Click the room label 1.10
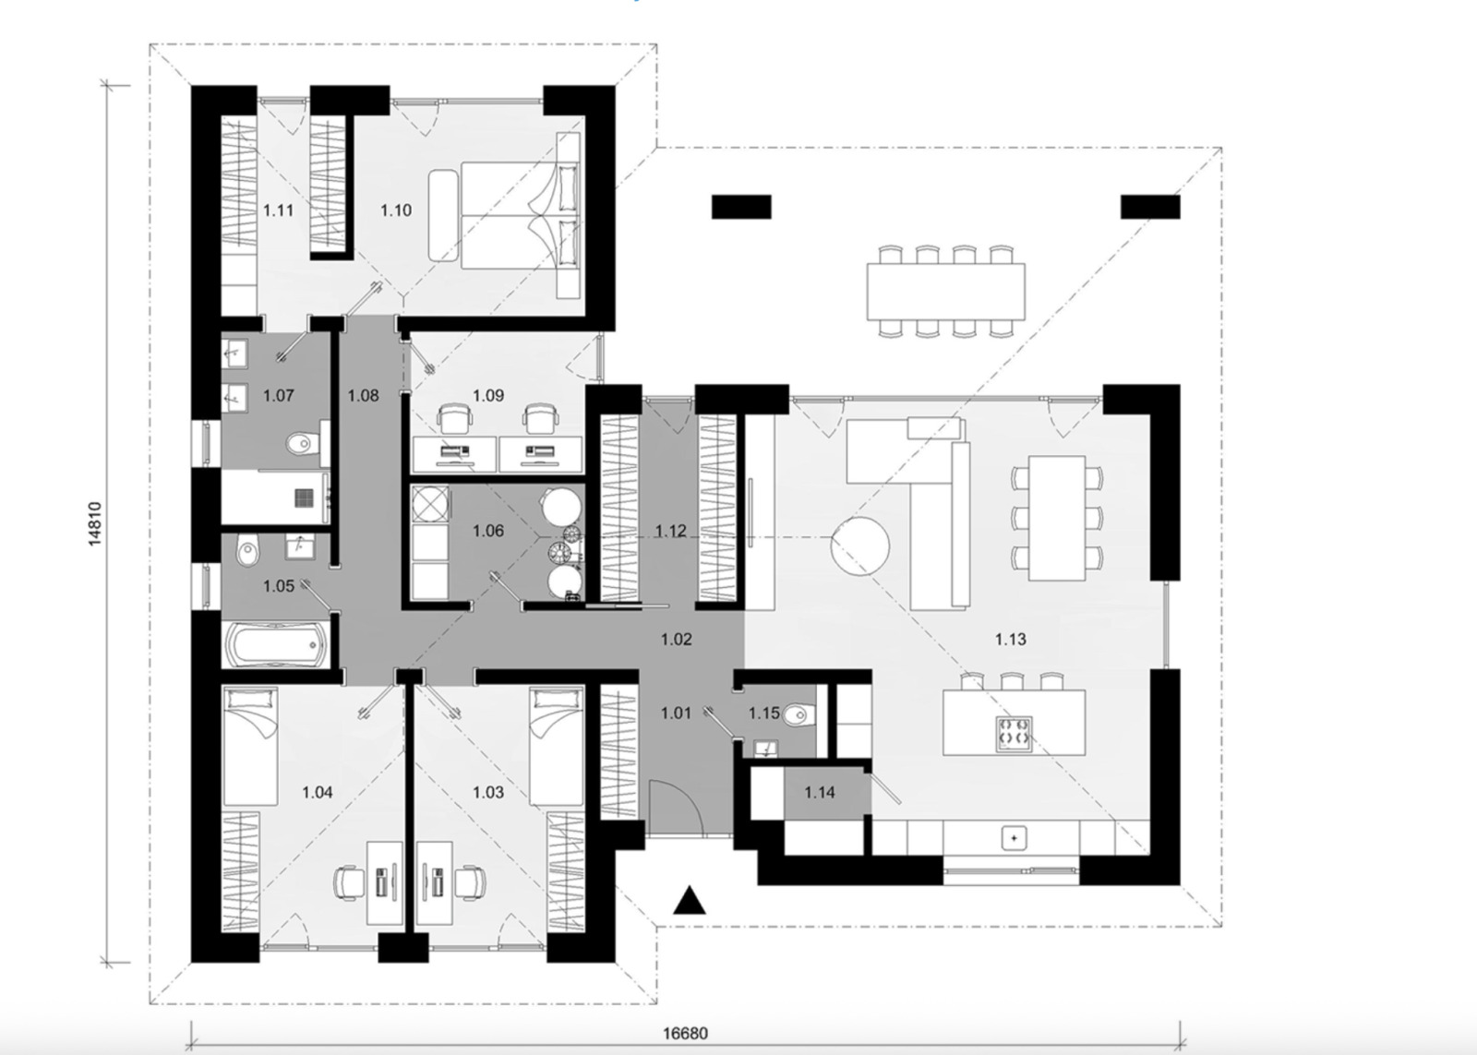tap(396, 210)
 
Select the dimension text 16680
tap(686, 1033)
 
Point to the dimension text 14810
tap(95, 524)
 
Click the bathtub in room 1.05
tap(274, 643)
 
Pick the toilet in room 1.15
tap(799, 713)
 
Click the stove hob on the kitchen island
tap(1013, 735)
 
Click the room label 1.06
tap(488, 531)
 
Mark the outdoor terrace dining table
tap(946, 291)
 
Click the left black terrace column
tap(740, 207)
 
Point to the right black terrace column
tap(1150, 207)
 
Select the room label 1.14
tap(820, 792)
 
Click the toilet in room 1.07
tap(299, 446)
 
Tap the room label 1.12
tap(671, 531)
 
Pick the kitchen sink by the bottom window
tap(1014, 838)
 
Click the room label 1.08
tap(363, 396)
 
